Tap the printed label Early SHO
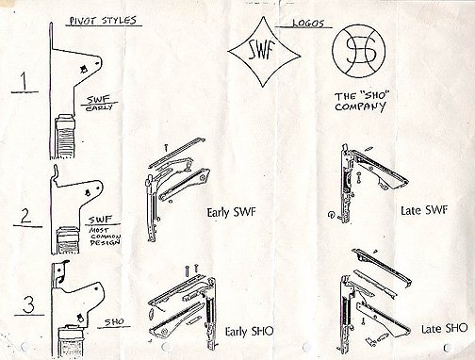(243, 333)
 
